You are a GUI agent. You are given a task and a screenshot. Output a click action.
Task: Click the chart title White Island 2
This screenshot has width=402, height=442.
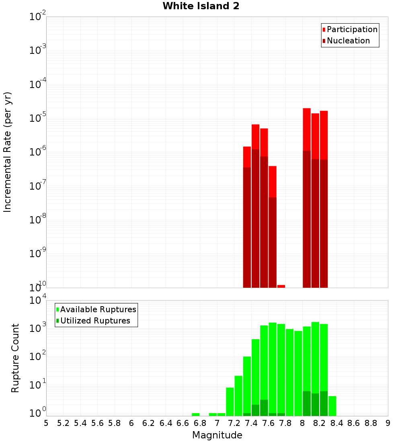(x=201, y=6)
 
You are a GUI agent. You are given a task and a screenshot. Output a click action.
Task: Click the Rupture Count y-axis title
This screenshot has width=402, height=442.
(x=15, y=358)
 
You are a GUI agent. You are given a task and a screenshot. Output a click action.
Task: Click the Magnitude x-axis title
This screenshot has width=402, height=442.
(x=217, y=435)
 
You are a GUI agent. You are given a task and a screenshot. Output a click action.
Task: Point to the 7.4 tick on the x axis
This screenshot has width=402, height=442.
(x=251, y=423)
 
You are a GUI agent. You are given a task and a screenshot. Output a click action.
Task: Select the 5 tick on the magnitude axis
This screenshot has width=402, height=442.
(x=46, y=423)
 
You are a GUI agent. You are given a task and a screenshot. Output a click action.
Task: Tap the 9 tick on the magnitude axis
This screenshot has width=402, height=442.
(x=388, y=423)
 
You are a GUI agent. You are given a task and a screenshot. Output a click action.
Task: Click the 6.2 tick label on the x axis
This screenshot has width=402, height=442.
(x=149, y=423)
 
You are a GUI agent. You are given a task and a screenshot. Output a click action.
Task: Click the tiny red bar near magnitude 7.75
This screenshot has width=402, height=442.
(x=281, y=286)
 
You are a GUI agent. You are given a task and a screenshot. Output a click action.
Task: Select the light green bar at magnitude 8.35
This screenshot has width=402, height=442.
(x=332, y=406)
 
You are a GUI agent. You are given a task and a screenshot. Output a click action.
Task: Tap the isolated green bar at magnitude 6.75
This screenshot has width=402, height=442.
(x=196, y=414)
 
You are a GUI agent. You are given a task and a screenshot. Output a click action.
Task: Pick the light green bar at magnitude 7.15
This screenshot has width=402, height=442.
(x=230, y=401)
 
